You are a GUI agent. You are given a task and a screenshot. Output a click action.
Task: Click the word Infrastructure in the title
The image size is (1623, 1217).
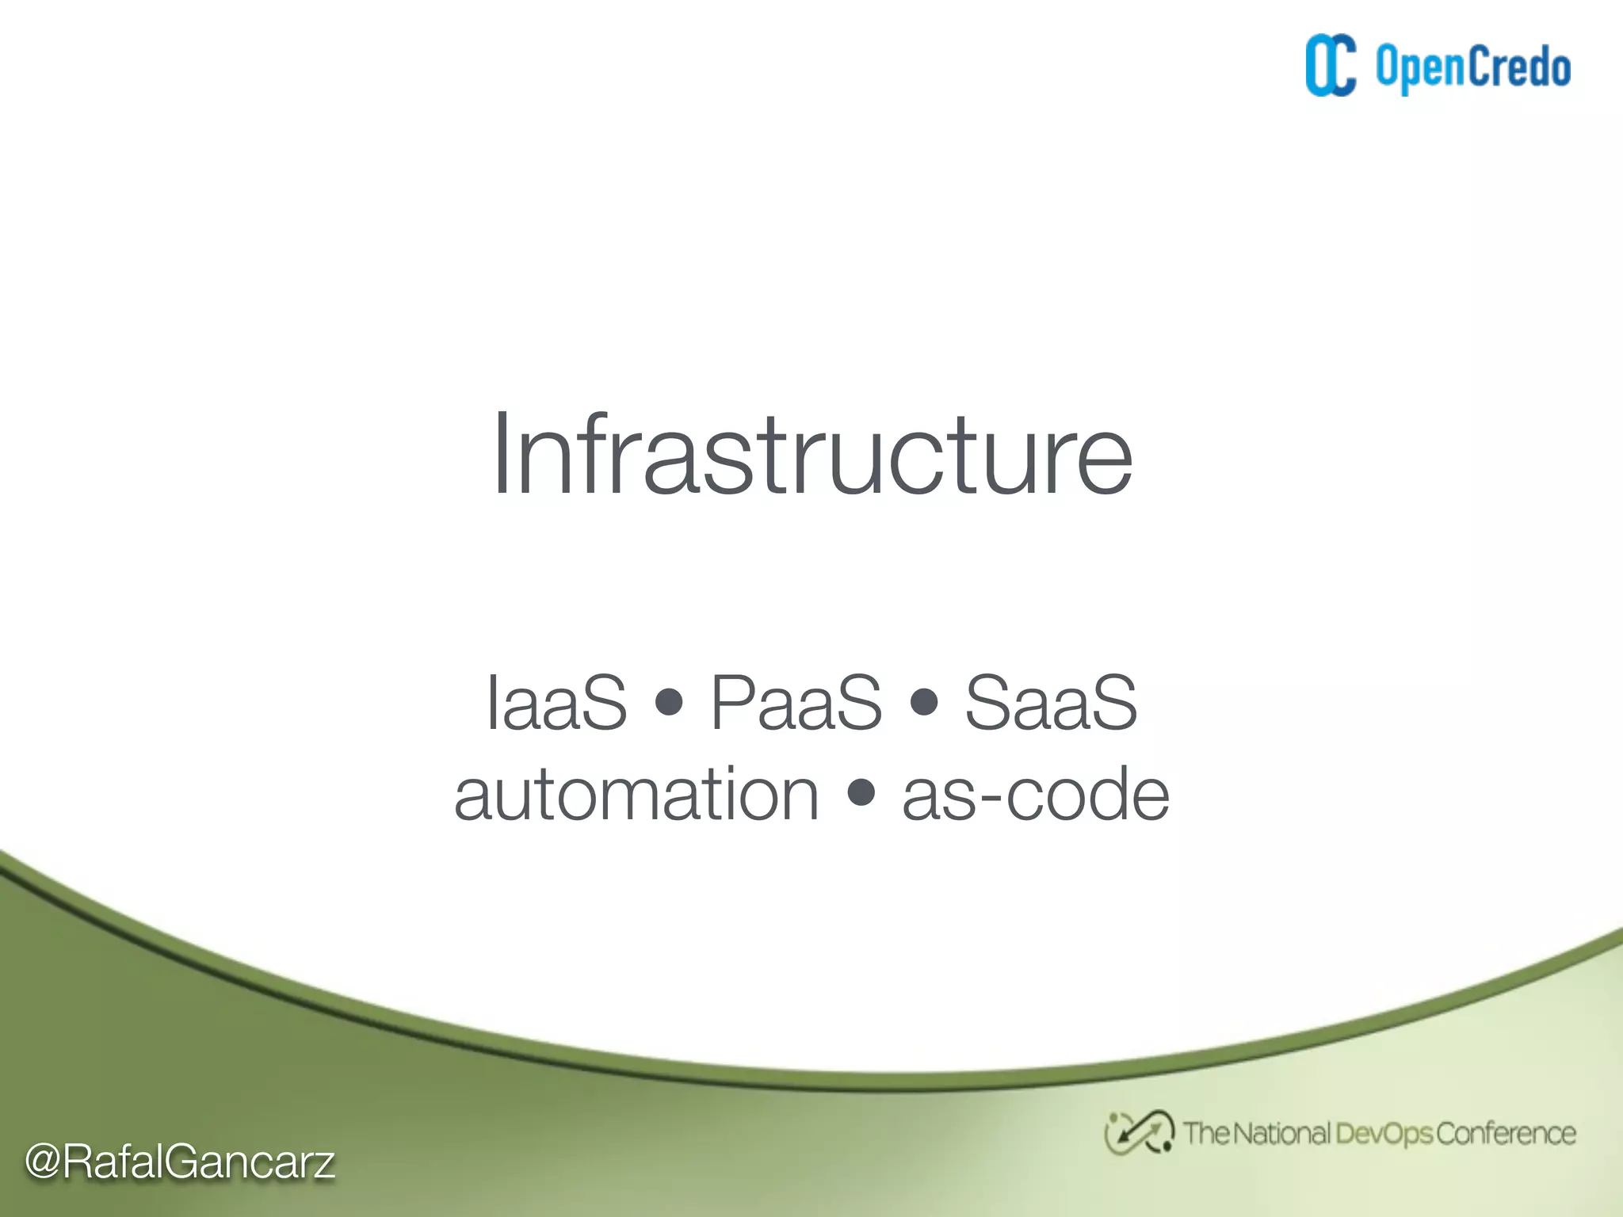click(812, 456)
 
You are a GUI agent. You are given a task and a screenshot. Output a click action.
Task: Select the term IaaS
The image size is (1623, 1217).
click(556, 703)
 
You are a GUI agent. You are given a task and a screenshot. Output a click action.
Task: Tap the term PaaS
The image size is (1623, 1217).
click(796, 703)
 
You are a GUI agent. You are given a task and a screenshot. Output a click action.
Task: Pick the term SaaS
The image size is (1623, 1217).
click(1051, 703)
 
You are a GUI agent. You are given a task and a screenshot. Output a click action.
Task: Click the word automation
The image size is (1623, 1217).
click(636, 795)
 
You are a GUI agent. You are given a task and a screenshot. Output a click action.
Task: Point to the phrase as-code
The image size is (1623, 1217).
click(1035, 795)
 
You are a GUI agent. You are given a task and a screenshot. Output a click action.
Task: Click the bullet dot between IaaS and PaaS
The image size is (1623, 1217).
click(670, 702)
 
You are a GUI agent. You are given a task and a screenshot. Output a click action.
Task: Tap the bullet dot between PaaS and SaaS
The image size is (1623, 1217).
click(924, 702)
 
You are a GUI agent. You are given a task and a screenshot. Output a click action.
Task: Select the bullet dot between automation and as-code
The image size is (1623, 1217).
click(861, 792)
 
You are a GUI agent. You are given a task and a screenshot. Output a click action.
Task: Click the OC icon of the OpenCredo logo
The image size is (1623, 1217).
click(1331, 66)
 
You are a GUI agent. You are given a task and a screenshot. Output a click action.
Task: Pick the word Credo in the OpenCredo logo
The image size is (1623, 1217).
click(1520, 67)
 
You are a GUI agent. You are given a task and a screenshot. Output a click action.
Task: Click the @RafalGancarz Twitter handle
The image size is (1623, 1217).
click(180, 1162)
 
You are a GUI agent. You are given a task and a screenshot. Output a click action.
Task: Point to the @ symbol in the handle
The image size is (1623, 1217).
click(43, 1162)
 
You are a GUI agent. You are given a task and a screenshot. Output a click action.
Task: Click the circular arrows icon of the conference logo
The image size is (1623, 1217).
click(1139, 1133)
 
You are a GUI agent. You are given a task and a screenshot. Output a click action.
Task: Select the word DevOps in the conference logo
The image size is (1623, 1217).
click(1384, 1134)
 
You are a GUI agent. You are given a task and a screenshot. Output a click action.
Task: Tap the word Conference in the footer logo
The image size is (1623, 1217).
click(1506, 1134)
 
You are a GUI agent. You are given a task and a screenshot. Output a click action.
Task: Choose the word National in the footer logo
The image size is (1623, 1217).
click(1281, 1134)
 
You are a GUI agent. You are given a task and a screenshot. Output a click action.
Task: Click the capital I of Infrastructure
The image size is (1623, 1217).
click(499, 456)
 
